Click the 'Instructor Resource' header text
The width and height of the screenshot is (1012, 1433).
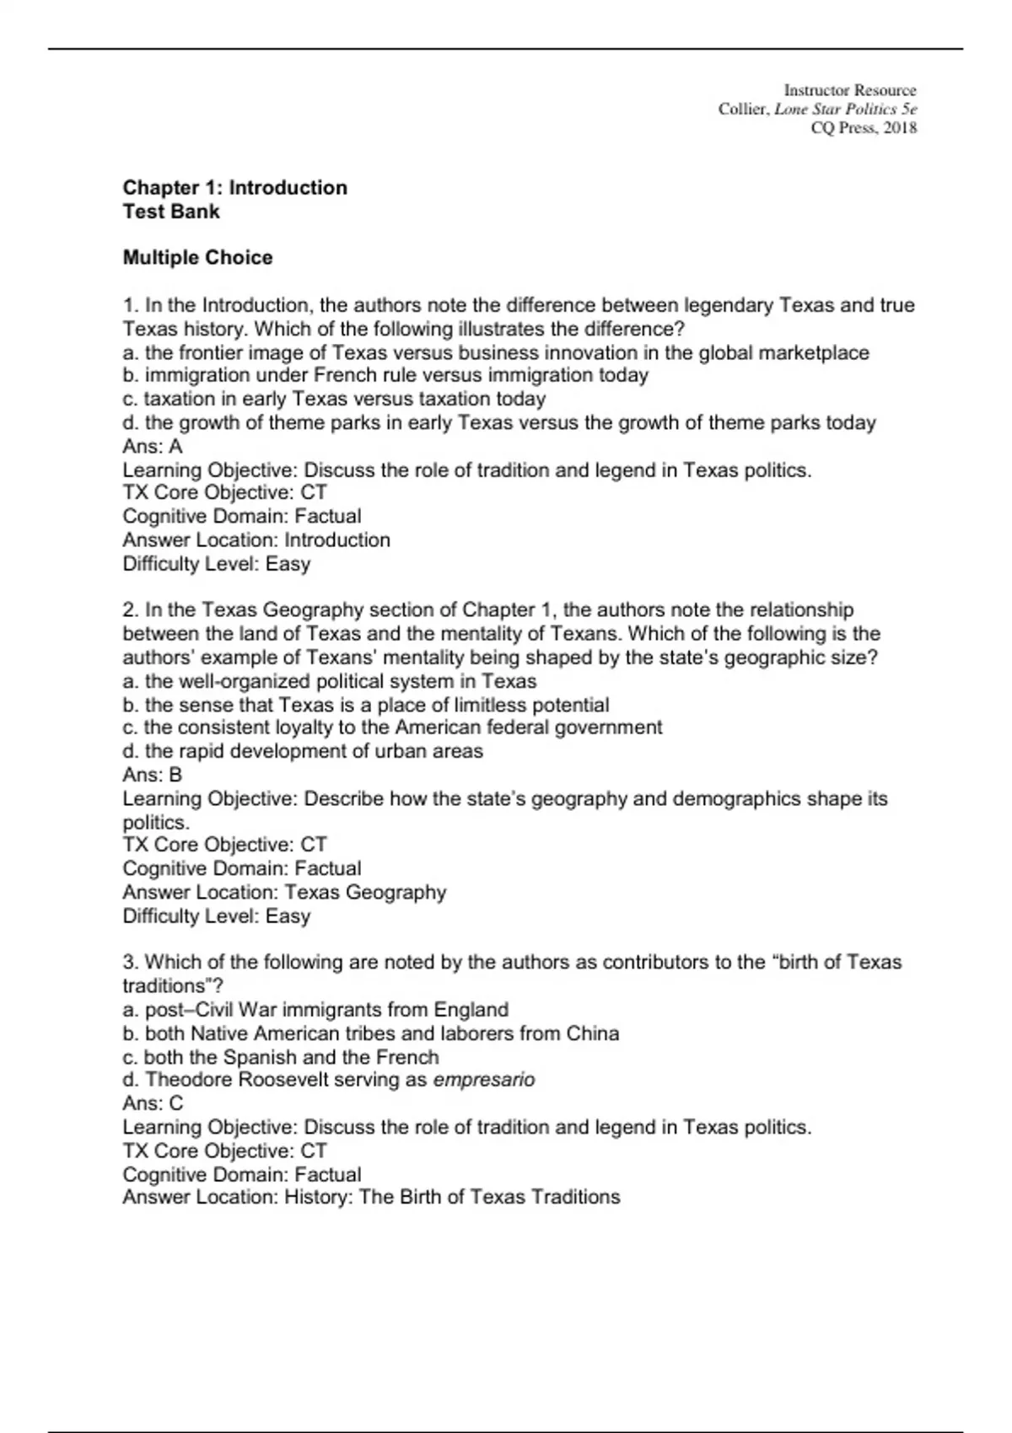tap(849, 90)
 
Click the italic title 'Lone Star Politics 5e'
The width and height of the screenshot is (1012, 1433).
tap(845, 109)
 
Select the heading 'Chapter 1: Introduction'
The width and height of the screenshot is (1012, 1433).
tap(234, 188)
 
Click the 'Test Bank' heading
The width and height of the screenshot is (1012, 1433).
tap(171, 212)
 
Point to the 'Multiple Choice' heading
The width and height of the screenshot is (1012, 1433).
tap(197, 258)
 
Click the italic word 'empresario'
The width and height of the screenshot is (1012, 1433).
tap(483, 1080)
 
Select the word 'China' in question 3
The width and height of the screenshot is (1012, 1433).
tap(593, 1033)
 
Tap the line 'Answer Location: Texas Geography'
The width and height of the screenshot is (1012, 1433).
tap(284, 892)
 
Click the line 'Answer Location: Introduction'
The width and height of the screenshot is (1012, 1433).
tap(256, 539)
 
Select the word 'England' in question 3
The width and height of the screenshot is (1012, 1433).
tap(471, 1010)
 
